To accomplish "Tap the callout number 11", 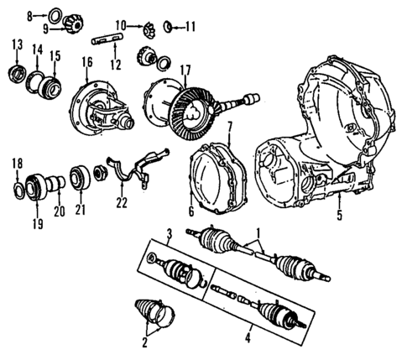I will point(190,26).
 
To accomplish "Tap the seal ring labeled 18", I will point(18,186).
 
